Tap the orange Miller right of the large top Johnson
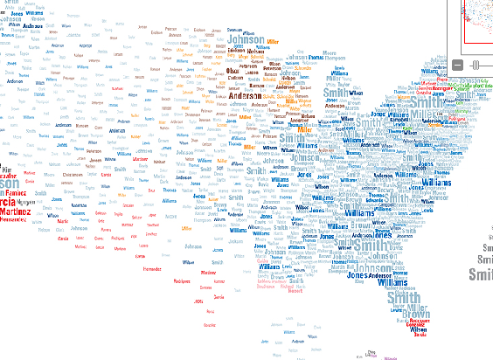point(274,42)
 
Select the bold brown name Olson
point(232,70)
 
